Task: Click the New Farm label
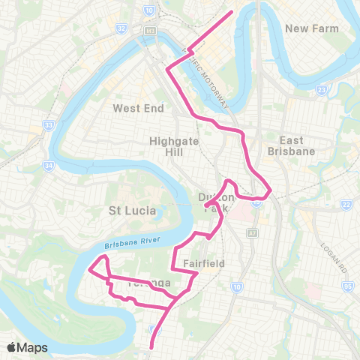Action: coord(313,28)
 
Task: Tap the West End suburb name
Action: coord(138,108)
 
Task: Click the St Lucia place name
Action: coord(133,211)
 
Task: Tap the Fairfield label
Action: coord(204,264)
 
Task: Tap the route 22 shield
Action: coord(346,205)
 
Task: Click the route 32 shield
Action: coord(121,28)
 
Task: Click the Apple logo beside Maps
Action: coord(12,347)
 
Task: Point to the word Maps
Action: coord(33,347)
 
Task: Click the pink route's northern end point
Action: coord(232,11)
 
